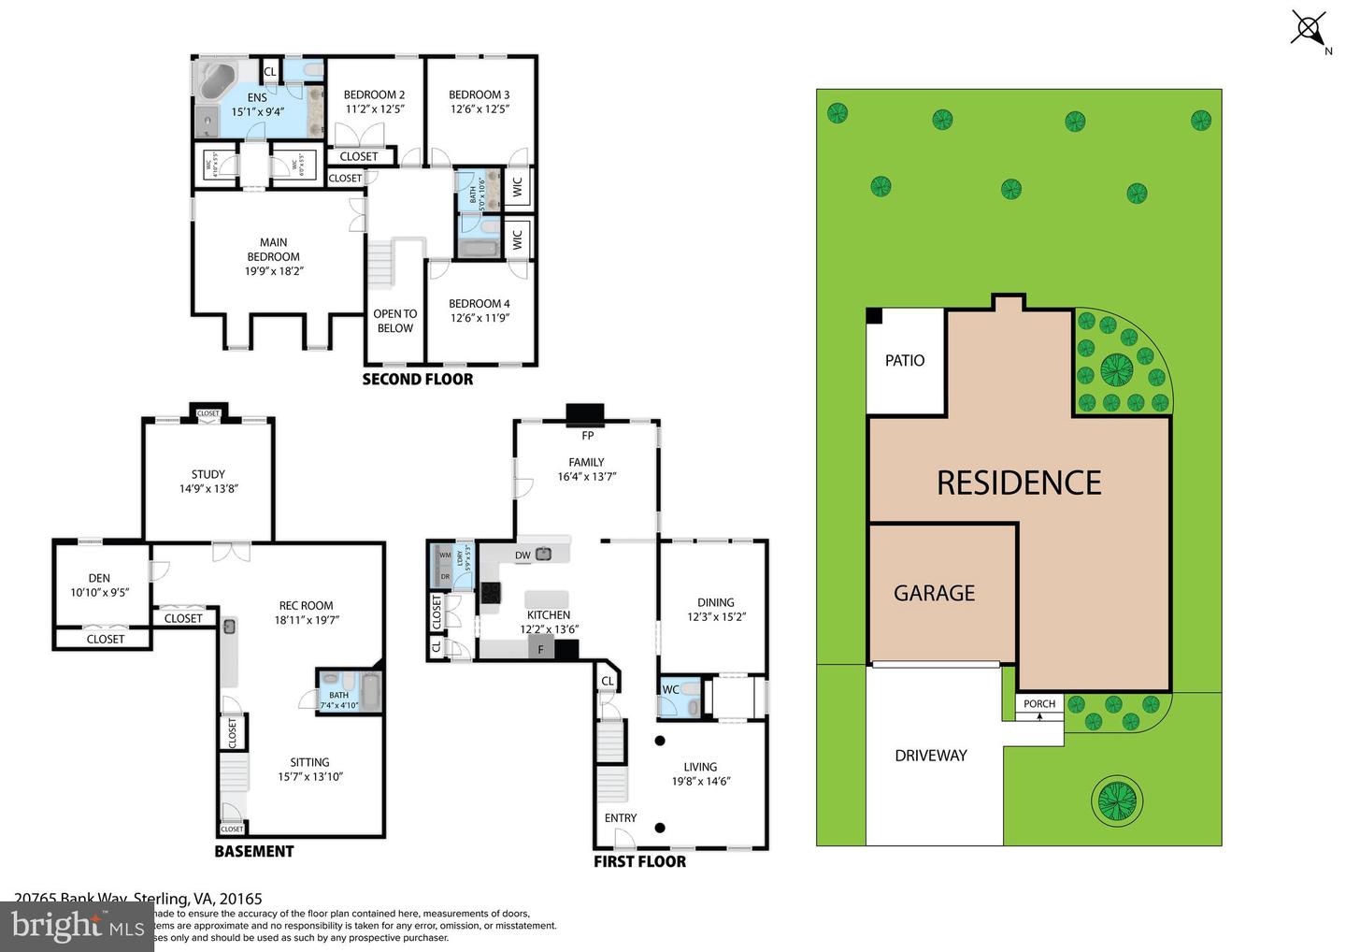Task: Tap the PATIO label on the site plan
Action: coord(904,360)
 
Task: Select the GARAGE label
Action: coord(934,593)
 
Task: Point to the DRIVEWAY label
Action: coord(930,756)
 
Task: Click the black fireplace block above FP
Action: coord(586,414)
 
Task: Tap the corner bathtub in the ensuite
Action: coord(218,80)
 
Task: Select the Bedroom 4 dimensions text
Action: coord(479,318)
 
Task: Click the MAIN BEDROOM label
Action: coord(273,250)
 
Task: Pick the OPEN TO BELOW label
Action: coord(394,321)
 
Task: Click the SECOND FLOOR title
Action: coord(417,379)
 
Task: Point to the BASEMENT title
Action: coord(253,851)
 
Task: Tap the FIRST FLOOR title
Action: coord(639,861)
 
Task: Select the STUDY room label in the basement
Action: coord(208,474)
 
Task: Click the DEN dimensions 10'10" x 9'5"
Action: coord(99,592)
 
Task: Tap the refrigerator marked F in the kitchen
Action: coord(540,649)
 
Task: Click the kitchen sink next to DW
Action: coord(543,554)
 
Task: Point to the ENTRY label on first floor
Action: coord(620,817)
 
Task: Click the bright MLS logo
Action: coord(77,926)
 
